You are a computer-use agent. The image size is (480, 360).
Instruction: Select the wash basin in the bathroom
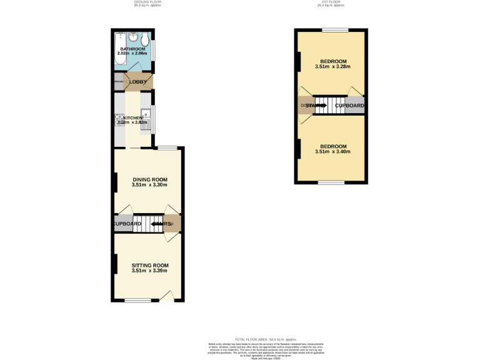tap(134, 36)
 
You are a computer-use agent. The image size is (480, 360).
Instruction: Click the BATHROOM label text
tap(132, 49)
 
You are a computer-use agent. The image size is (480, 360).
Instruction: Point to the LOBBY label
tap(137, 82)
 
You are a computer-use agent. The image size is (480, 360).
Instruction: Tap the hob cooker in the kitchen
tap(118, 119)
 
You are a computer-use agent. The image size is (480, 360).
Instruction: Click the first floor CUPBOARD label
tap(349, 106)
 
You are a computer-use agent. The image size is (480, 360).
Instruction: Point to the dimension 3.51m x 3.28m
tap(332, 67)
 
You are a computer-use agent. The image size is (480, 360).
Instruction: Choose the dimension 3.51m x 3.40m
tap(332, 151)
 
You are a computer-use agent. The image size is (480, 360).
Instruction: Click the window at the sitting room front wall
tap(137, 301)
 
